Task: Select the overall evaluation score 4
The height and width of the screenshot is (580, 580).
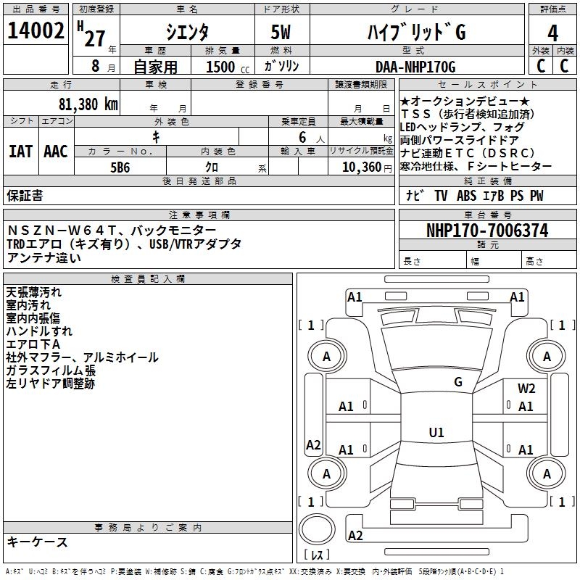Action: click(553, 33)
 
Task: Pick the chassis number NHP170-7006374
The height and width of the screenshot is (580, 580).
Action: click(487, 231)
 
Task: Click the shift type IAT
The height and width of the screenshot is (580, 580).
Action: click(21, 151)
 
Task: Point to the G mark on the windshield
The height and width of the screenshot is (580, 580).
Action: click(458, 381)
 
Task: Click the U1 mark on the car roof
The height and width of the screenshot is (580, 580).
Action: click(436, 432)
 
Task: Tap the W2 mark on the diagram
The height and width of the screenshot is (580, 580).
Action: click(526, 389)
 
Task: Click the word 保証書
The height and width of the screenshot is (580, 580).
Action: click(25, 195)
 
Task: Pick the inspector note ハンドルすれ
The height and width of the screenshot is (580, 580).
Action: click(39, 331)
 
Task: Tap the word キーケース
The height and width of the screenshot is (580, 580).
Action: click(37, 542)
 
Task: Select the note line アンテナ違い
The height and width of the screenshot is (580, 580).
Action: click(44, 257)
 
